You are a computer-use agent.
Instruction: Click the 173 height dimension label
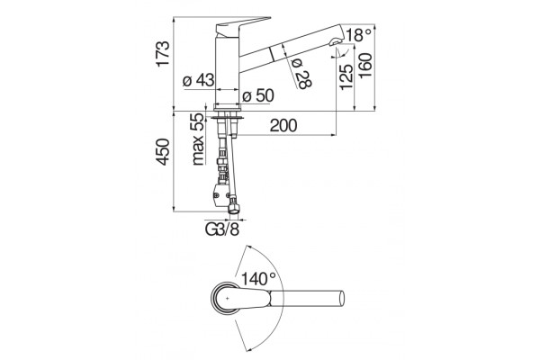click(163, 53)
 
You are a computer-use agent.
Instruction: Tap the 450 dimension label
click(163, 152)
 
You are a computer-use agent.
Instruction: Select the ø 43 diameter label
click(198, 81)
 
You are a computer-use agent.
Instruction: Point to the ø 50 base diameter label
click(258, 95)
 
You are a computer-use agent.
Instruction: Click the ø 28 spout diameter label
click(301, 74)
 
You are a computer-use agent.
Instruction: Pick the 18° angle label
click(358, 35)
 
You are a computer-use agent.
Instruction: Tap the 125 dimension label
click(346, 77)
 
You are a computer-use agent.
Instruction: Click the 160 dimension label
click(365, 66)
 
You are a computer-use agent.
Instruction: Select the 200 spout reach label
click(283, 125)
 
